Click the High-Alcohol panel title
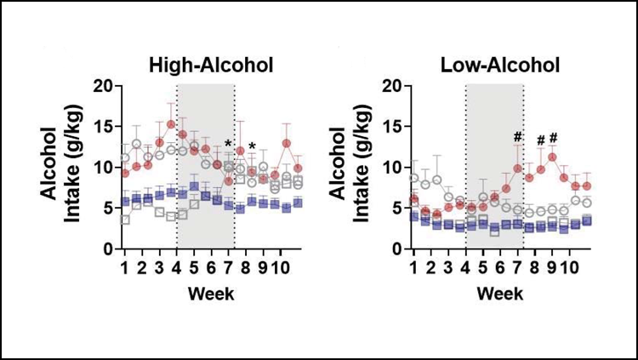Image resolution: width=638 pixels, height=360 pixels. pyautogui.click(x=211, y=65)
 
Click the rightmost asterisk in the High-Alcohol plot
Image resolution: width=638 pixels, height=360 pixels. pyautogui.click(x=252, y=147)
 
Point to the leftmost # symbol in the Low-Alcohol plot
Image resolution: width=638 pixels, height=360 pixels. pyautogui.click(x=517, y=138)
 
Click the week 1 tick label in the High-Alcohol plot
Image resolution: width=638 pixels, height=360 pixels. pyautogui.click(x=125, y=267)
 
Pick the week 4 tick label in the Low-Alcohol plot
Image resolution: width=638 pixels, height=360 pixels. pyautogui.click(x=465, y=267)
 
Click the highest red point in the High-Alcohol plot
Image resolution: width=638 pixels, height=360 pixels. pyautogui.click(x=171, y=124)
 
